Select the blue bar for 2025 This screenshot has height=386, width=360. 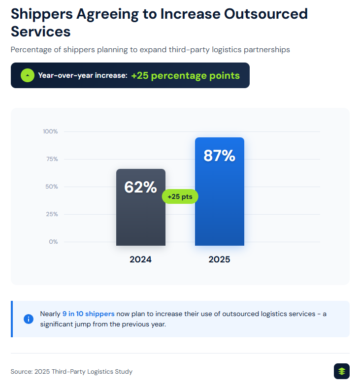(219, 207)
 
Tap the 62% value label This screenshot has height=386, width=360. (140, 187)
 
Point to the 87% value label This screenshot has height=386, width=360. (219, 156)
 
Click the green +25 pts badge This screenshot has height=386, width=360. (180, 196)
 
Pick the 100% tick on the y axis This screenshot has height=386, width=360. (50, 131)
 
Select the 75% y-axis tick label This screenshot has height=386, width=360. (52, 159)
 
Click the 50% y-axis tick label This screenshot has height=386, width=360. (52, 187)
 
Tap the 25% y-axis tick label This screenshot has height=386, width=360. (52, 214)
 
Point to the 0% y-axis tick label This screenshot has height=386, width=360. (53, 242)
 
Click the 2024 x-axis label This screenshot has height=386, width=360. (140, 259)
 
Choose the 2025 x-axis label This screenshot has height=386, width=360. (219, 259)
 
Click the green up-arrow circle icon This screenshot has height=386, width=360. (28, 75)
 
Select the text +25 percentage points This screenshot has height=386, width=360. (185, 75)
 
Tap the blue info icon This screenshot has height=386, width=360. (29, 319)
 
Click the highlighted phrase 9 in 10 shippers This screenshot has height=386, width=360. (88, 314)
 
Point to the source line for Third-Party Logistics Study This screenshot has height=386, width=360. (71, 372)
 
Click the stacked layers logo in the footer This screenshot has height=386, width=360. (341, 371)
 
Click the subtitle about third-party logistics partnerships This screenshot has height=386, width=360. (150, 49)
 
